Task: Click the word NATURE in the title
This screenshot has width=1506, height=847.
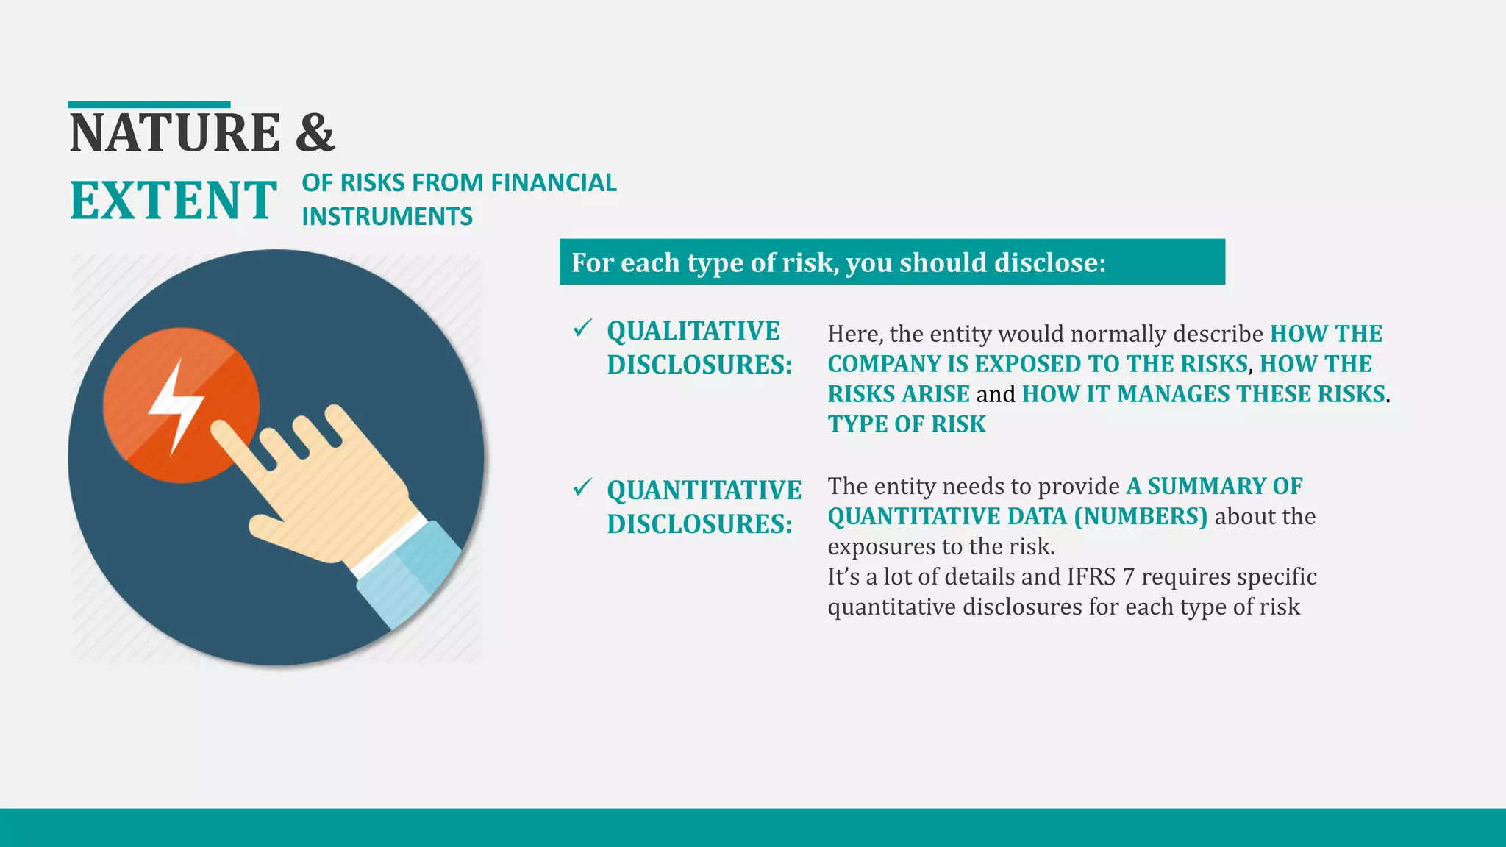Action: tap(175, 133)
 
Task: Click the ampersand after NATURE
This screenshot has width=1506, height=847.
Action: tap(315, 133)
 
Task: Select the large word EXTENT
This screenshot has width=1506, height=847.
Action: tap(174, 201)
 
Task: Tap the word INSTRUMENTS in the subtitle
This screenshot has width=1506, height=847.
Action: tap(387, 217)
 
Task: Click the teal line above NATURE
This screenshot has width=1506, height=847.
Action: tap(149, 105)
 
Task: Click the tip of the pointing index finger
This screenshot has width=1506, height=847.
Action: tap(220, 429)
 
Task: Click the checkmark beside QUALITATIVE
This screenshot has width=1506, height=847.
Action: tap(582, 328)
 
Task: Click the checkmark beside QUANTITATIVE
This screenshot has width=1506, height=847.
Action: tap(582, 487)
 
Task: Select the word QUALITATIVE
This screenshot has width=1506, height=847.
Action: tap(693, 332)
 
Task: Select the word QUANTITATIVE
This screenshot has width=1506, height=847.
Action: tap(704, 490)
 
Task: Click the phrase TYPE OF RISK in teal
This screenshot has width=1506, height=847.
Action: tap(906, 424)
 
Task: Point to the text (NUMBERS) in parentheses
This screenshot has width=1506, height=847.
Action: tap(1141, 516)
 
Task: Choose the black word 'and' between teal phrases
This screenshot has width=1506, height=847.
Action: tap(995, 394)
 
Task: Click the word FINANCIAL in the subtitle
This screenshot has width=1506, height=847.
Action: tap(553, 182)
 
